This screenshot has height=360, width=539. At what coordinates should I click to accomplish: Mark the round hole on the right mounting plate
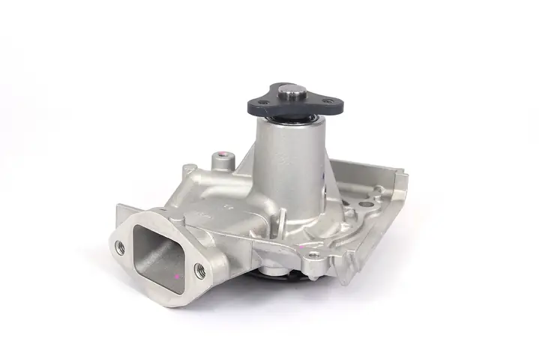[365, 202]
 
